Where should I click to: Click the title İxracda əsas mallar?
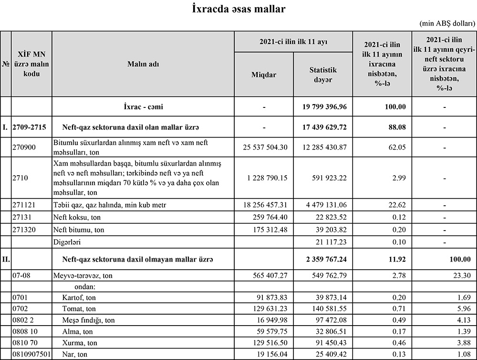238,9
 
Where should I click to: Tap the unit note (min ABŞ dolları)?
447,23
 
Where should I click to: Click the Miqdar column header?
264,74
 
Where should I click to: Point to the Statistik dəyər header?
322,74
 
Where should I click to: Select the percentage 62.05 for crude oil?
396,147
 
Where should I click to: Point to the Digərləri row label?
68,242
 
